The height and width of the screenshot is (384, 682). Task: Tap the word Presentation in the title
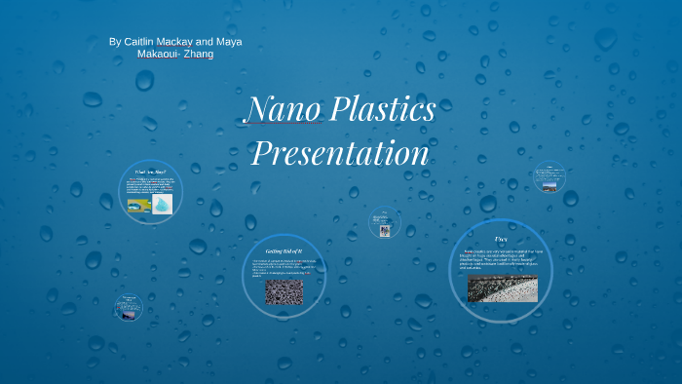point(340,153)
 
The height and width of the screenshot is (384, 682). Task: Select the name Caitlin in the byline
point(146,42)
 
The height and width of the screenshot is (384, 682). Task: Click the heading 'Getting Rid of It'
point(284,251)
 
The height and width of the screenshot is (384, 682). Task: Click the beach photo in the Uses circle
point(502,288)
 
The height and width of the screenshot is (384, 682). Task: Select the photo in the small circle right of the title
point(385,230)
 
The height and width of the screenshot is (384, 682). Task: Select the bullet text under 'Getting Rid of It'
point(284,268)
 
